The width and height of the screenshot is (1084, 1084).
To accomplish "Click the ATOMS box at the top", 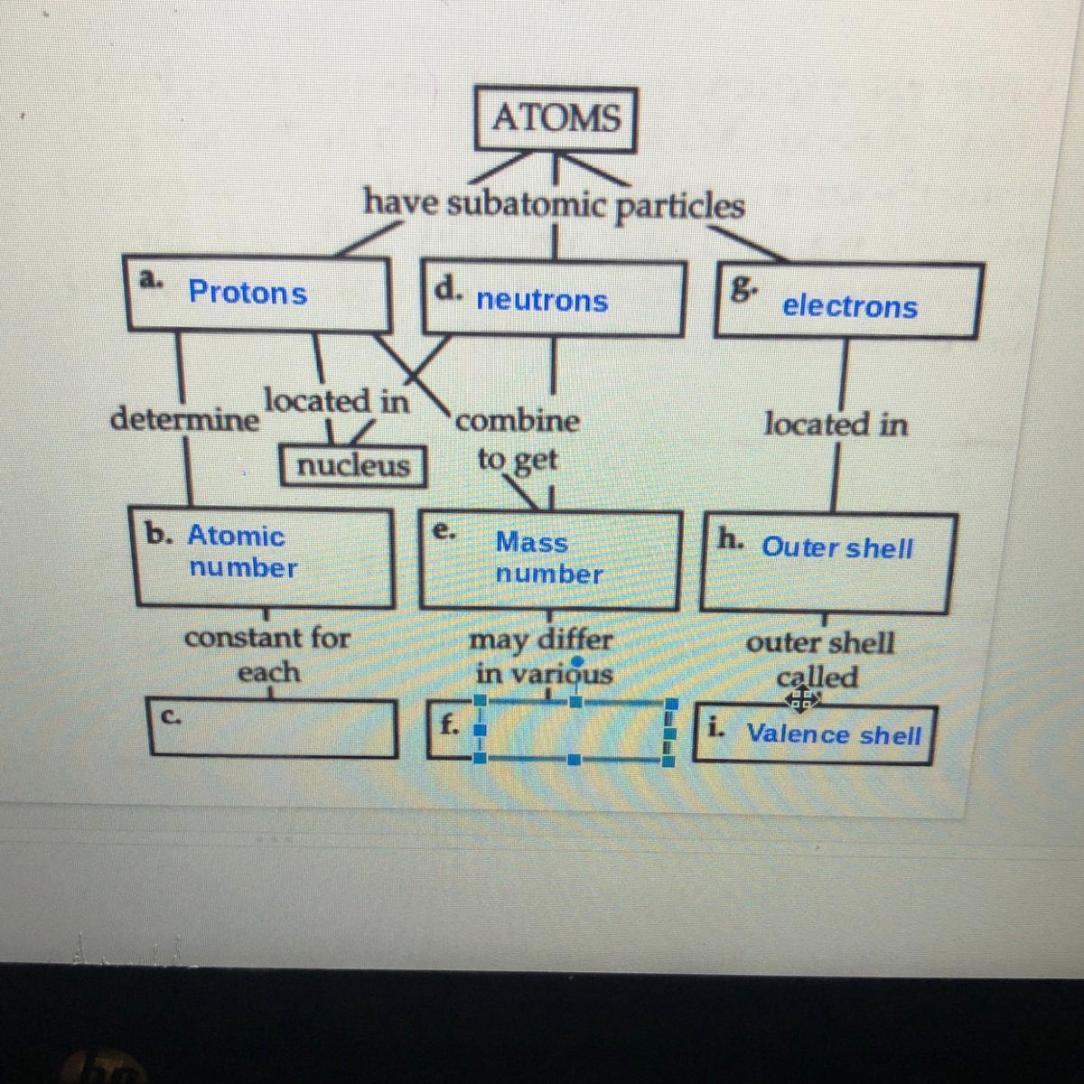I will pos(556,118).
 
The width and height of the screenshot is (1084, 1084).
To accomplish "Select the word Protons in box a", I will pos(248,293).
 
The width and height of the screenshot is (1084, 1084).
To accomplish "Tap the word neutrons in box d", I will pos(542,300).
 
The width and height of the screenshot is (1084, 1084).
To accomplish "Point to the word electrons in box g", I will pos(849,306).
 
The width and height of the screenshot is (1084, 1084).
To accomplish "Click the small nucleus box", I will pos(353,465).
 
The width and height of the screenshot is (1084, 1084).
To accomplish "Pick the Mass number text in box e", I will pos(547,557).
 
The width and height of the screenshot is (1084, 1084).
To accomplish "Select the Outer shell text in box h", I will pos(836,547).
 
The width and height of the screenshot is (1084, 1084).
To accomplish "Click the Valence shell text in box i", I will pos(833,734).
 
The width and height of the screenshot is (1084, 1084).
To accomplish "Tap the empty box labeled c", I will pos(273,728).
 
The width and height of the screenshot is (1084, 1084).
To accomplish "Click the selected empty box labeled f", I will pos(573,730).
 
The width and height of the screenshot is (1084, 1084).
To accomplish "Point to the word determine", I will pos(184,420).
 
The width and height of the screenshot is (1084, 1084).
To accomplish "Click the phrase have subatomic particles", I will pos(554,203).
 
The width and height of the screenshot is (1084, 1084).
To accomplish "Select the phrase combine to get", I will pos(518,440).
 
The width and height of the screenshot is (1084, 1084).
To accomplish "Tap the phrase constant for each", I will pos(267,654).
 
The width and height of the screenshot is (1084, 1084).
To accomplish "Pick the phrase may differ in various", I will pos(543,657).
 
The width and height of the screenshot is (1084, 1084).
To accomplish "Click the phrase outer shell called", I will pos(819,659).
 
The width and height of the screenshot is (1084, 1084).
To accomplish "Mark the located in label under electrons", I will pos(836,424).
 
